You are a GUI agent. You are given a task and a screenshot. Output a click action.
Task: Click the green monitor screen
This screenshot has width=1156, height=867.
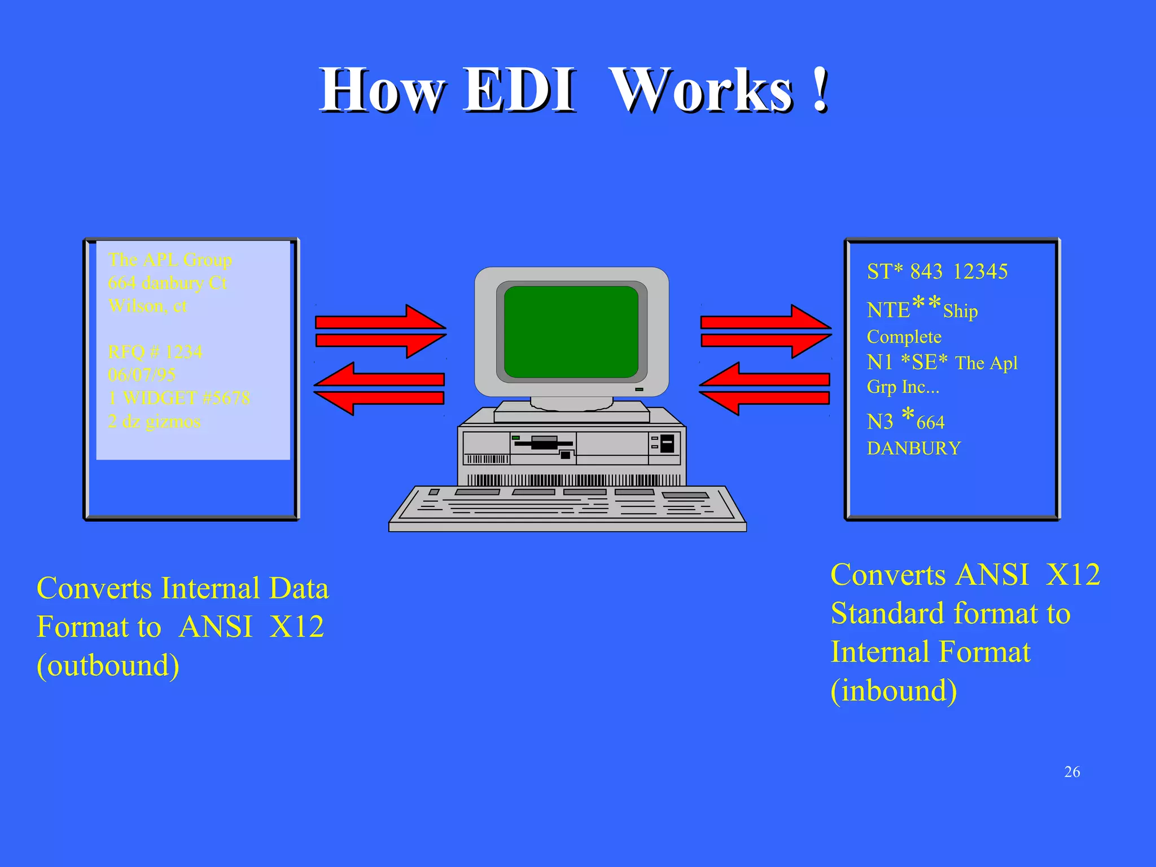click(x=571, y=332)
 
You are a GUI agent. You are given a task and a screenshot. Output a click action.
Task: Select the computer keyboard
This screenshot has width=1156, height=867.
click(x=567, y=507)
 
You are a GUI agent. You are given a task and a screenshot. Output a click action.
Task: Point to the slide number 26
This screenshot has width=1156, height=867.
click(x=1071, y=772)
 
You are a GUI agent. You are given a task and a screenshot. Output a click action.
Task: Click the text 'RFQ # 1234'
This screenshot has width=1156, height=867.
click(x=155, y=352)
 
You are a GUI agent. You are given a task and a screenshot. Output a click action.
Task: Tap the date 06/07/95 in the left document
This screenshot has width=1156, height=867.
click(x=141, y=375)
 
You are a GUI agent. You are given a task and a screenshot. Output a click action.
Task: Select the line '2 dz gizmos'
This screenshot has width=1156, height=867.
click(x=154, y=422)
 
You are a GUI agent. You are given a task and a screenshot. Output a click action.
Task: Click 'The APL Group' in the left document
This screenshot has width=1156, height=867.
click(x=169, y=260)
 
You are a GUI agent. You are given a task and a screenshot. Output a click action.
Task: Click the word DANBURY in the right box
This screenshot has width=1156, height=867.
click(x=913, y=448)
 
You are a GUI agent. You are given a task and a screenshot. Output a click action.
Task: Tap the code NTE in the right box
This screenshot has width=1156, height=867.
click(x=888, y=310)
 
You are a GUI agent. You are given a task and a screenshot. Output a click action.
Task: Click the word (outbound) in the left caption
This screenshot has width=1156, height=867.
click(x=108, y=665)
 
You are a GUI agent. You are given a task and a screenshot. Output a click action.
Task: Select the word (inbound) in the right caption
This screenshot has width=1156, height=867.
click(x=894, y=691)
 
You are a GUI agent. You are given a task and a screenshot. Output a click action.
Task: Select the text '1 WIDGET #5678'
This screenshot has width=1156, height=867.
click(x=178, y=399)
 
